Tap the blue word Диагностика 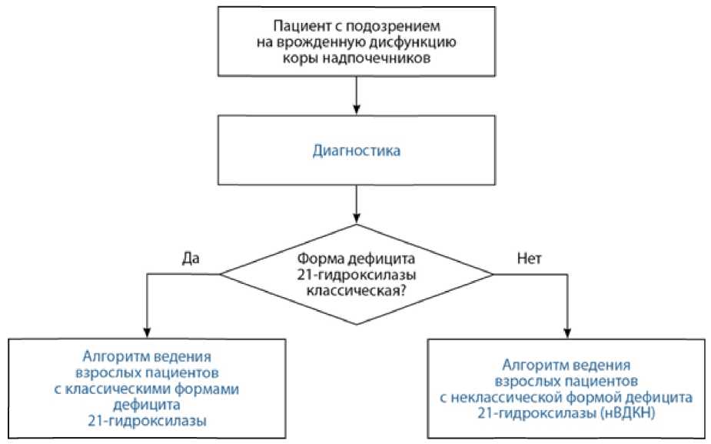356,151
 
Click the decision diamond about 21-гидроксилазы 356,274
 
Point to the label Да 191,258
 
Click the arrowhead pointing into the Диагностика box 356,109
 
